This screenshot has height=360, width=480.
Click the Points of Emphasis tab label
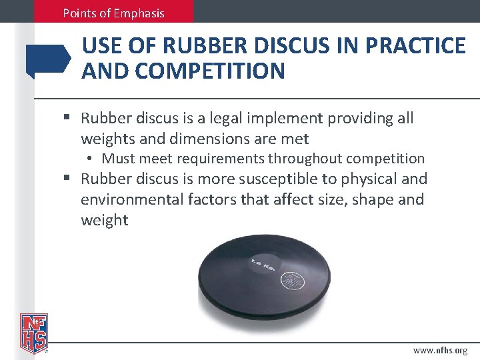point(113,13)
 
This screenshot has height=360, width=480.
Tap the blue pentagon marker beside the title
point(48,61)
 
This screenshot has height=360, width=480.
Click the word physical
point(370,179)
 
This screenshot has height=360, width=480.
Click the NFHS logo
point(33,332)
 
